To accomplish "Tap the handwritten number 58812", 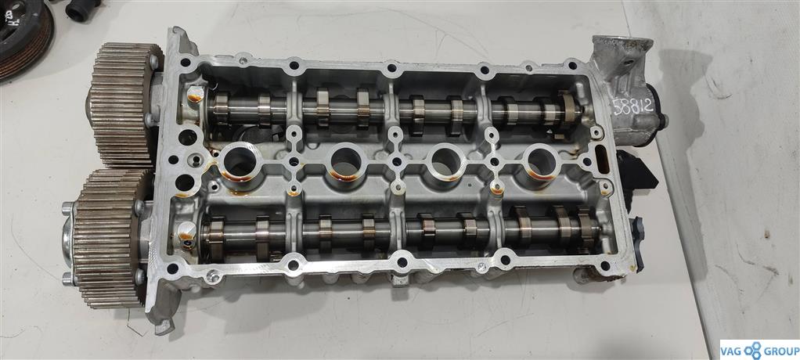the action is [x=632, y=106].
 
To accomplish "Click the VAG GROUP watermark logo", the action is [x=760, y=350].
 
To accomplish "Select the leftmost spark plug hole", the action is [x=240, y=162].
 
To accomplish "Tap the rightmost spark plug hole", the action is [x=542, y=161].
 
